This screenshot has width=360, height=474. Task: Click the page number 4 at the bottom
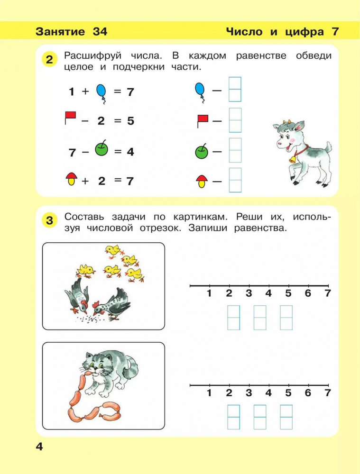coord(39,447)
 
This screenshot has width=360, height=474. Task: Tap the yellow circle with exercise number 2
coord(49,59)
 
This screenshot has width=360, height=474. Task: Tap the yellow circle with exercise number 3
coord(49,220)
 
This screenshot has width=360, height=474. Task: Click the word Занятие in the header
coord(60,31)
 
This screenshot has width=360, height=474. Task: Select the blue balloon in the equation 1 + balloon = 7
coord(102,93)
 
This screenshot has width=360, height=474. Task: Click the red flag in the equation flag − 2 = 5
coord(71,118)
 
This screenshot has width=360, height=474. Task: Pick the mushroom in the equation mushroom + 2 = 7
coord(72,179)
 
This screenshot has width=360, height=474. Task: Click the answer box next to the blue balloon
coord(235,90)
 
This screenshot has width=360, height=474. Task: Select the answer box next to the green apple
coord(235,150)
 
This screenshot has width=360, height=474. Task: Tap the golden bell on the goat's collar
coord(293,159)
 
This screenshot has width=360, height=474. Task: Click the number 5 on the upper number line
coord(288,293)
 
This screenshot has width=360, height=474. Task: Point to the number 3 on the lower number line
coord(249,393)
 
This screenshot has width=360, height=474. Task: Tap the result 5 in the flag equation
coord(130,121)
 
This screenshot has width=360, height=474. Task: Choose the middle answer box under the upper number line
coord(260,318)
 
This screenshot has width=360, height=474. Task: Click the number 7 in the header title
coord(335,31)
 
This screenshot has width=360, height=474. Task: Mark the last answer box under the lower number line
coord(286,417)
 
